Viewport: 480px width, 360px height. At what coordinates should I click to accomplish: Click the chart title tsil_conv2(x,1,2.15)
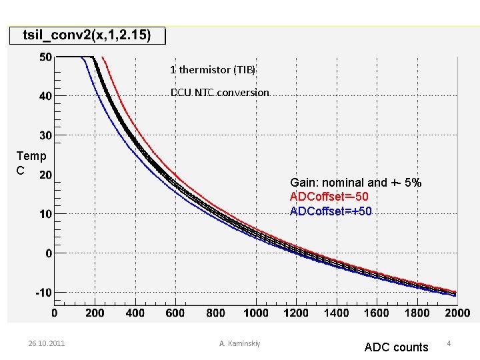point(87,35)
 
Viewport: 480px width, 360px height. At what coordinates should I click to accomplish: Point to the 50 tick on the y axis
point(45,57)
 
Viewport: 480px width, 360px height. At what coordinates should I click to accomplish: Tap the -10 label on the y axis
point(44,293)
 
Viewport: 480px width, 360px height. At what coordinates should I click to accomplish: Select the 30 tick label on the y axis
point(45,135)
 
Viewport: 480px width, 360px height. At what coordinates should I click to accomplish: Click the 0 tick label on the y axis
point(49,253)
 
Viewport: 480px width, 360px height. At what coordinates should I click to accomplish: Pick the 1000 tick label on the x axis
point(256,313)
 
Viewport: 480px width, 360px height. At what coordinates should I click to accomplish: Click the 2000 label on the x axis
point(457,313)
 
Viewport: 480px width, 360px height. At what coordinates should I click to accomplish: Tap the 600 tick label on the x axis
point(175,313)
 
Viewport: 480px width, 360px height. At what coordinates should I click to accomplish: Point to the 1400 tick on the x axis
point(337,313)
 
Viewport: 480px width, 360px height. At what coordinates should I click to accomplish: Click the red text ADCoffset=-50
point(329,197)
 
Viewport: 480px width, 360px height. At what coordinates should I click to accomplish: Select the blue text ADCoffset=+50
point(331,211)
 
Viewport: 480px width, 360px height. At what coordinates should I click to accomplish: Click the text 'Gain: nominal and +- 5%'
point(356,183)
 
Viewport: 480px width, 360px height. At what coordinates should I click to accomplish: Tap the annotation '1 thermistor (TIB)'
point(213,70)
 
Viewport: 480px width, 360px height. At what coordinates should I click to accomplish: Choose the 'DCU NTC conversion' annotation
point(220,93)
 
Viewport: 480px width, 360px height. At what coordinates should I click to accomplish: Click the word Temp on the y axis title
point(31,156)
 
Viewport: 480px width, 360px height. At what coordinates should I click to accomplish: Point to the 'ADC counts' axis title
point(397,347)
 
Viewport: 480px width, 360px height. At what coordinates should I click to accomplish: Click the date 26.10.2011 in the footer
point(47,343)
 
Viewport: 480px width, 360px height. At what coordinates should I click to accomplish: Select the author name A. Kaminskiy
point(240,343)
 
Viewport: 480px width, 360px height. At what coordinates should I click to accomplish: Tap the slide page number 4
point(449,343)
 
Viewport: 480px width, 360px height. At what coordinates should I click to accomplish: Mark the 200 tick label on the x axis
point(95,313)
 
